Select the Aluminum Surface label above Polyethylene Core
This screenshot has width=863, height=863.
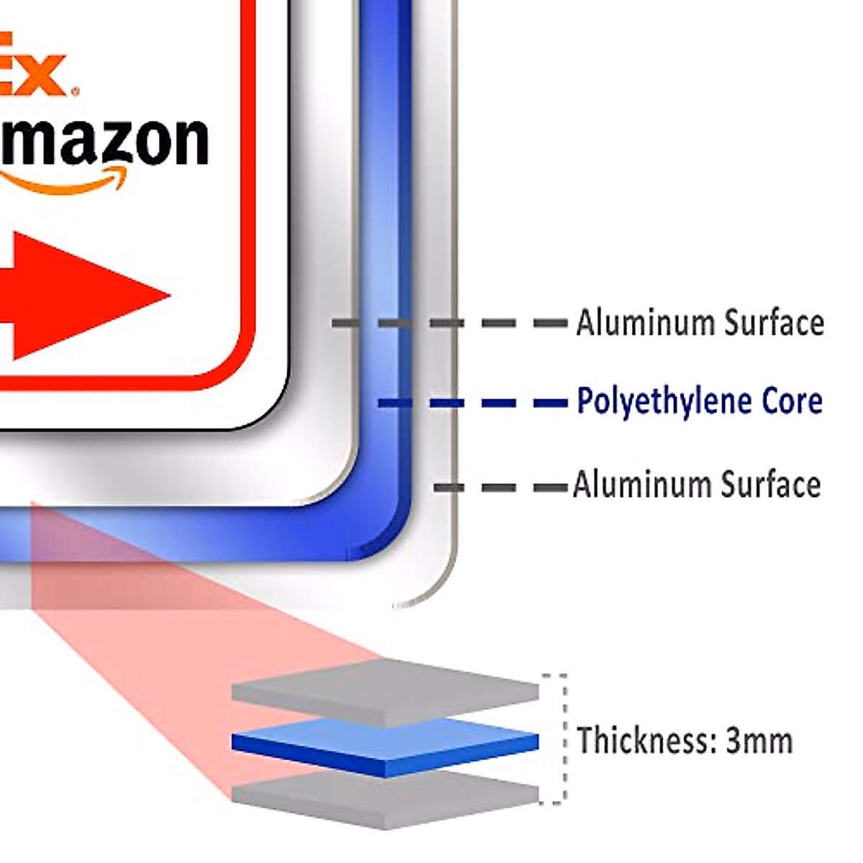point(699,323)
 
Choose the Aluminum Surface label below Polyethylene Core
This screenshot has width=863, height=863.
point(696,485)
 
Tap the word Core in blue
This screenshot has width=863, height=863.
point(793,401)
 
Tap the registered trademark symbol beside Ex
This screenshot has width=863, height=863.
point(76,91)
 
